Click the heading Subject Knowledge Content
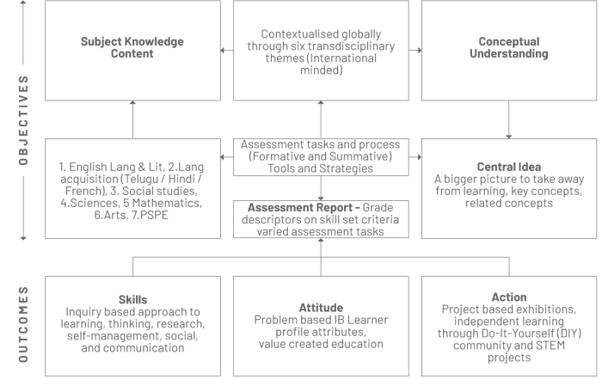132,47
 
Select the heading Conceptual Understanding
509,47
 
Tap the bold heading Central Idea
509,167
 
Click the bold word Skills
132,300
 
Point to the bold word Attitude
321,308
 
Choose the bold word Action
509,297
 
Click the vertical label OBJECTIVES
23,120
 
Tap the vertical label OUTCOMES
23,324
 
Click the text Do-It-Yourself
509,333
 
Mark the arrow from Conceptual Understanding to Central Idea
509,119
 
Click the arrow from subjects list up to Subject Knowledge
132,119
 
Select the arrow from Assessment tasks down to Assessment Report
321,188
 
